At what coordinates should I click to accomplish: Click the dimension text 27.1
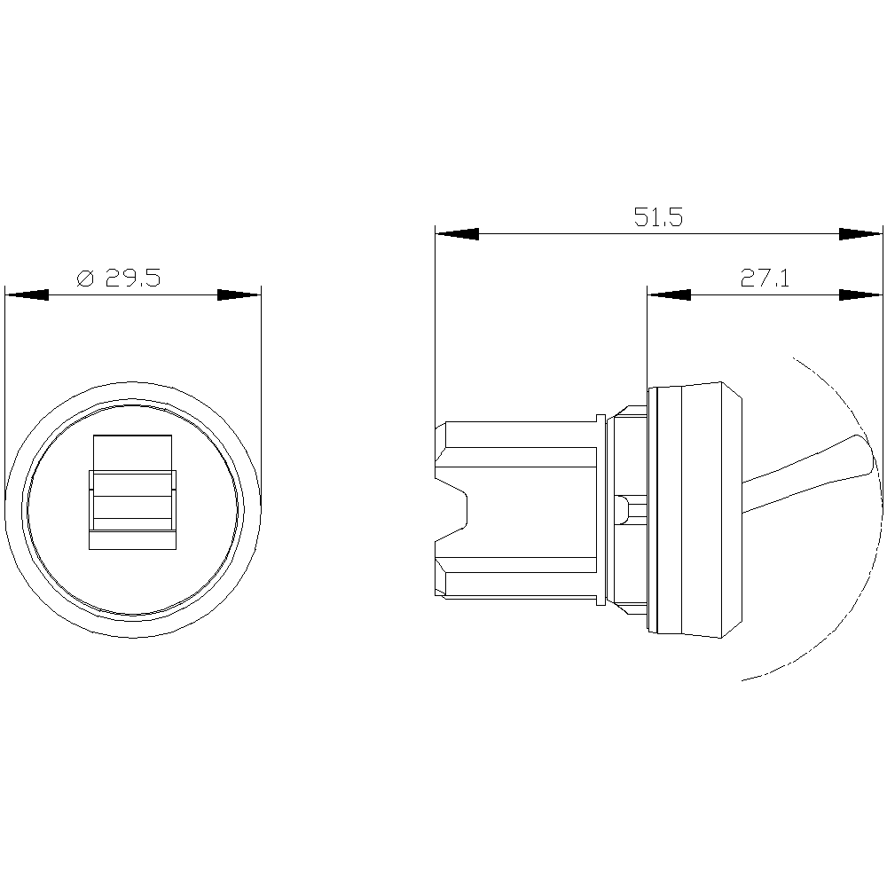point(765,279)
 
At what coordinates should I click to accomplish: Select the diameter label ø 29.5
point(118,279)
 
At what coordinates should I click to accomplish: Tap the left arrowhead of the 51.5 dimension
point(457,234)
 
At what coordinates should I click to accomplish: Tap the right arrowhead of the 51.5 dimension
point(860,234)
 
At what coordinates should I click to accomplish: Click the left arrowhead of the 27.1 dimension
point(669,294)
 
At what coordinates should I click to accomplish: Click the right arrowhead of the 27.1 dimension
point(860,294)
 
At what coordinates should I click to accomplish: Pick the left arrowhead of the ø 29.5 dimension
point(26,294)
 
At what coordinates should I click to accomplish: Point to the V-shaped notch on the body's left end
point(457,510)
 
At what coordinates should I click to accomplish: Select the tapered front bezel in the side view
point(696,510)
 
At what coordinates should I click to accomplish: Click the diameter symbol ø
point(85,279)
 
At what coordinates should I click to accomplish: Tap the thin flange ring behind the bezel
point(602,510)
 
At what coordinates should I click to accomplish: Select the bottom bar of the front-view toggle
point(132,539)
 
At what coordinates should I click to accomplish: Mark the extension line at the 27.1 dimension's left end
point(648,337)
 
